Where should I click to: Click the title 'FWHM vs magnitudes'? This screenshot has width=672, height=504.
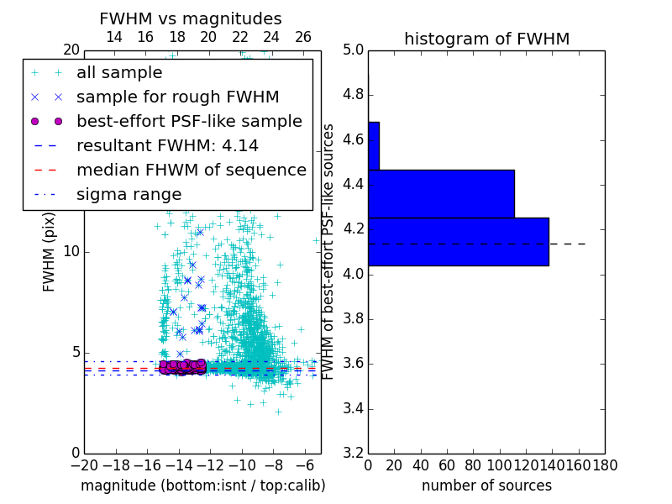pos(191,18)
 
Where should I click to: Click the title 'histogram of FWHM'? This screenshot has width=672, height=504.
pos(486,39)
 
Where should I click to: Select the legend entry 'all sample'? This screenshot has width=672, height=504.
pos(119,73)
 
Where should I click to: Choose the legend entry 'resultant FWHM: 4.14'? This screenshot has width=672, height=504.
pos(167,145)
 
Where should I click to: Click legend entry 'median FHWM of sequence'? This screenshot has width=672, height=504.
pos(191,170)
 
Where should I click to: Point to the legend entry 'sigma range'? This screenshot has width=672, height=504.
pos(129,194)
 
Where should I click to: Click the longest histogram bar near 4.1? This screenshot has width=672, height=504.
pos(458,242)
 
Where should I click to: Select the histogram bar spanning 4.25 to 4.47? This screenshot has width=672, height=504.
pos(440,194)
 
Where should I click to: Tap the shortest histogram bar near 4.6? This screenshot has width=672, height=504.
pos(373,145)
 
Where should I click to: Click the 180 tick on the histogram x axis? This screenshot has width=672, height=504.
pos(604,465)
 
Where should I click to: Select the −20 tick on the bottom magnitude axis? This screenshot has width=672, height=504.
pos(81,465)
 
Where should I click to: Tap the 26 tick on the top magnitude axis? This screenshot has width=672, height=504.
pos(303,37)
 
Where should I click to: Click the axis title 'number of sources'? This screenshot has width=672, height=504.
pos(486,486)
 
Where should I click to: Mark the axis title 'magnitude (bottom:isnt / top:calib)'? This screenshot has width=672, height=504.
pos(202,486)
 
